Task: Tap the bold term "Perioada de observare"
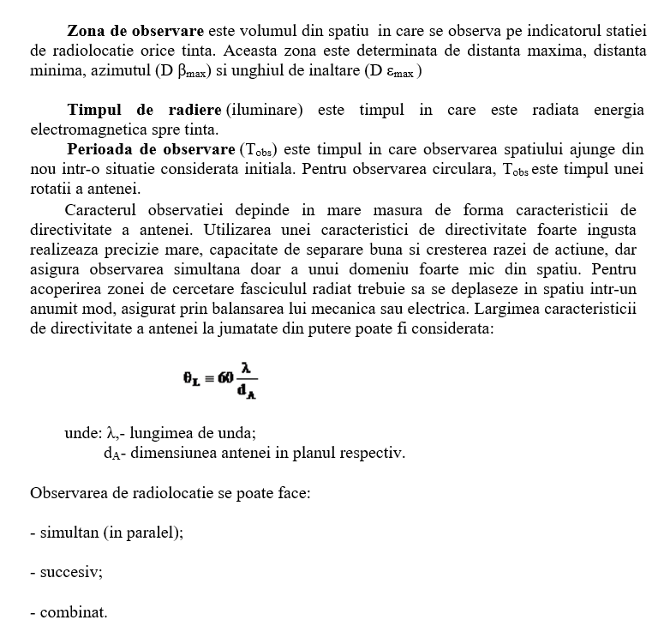(x=162, y=150)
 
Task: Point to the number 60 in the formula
(x=225, y=377)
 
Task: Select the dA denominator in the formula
(x=248, y=391)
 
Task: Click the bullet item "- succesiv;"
(x=66, y=572)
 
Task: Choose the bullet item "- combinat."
(x=69, y=612)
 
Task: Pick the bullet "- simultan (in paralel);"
(x=106, y=533)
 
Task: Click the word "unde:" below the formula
(x=83, y=433)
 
